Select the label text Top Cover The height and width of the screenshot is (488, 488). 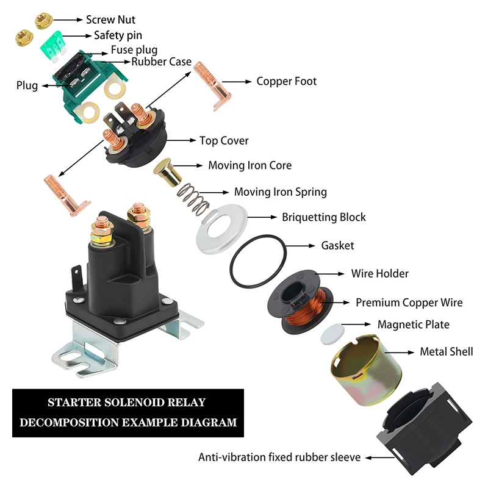point(224,141)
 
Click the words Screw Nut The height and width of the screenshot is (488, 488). point(110,20)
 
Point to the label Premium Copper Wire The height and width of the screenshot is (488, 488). point(409,303)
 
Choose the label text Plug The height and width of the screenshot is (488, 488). point(27,86)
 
